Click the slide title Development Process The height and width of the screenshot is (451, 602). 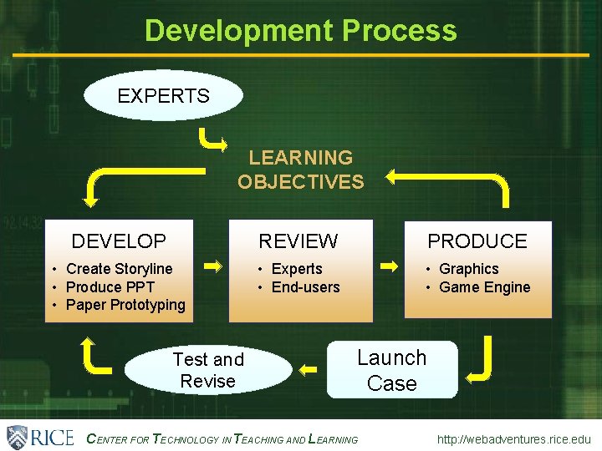[301, 30]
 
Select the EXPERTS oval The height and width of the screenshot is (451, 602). [164, 95]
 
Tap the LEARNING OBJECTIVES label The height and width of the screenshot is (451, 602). [301, 170]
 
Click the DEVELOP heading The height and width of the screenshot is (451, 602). [119, 241]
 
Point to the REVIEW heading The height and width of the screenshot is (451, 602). [298, 241]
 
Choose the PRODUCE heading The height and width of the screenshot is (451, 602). [477, 241]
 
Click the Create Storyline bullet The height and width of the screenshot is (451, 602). [119, 269]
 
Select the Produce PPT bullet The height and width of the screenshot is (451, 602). [110, 287]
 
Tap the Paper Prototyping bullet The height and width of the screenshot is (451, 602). [125, 305]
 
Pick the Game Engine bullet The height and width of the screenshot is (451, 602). [484, 287]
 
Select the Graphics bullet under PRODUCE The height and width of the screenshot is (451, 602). [468, 269]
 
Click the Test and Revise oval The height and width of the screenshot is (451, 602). [208, 370]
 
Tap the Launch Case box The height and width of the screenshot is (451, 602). [392, 370]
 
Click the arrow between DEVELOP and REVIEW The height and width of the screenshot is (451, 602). [214, 266]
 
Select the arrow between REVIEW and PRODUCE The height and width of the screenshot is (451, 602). [390, 266]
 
